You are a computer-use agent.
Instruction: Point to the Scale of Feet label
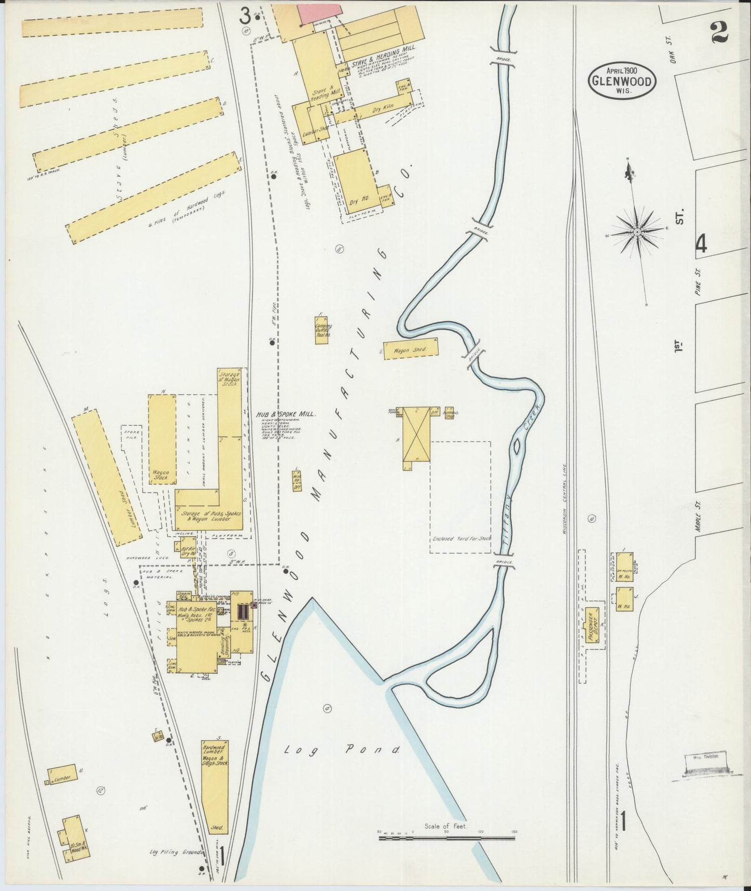click(x=445, y=826)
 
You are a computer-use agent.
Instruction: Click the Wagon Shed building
click(x=411, y=349)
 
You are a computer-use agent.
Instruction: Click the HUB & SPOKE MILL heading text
click(x=287, y=414)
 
